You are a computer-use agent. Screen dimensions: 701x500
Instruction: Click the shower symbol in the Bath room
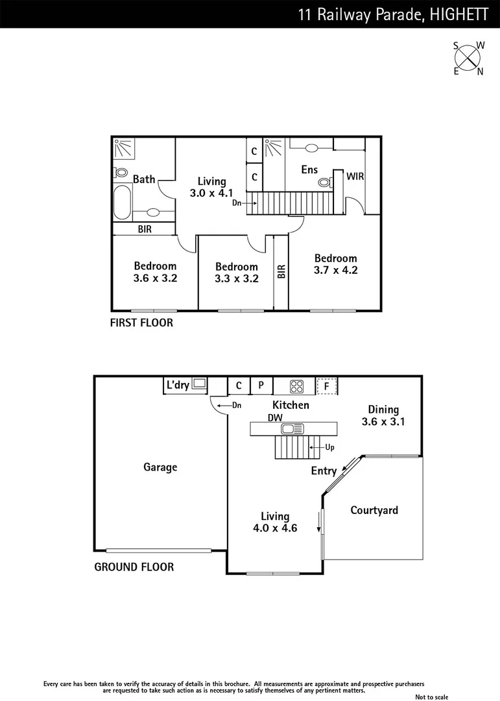[122, 149]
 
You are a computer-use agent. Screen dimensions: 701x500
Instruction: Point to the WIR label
[355, 176]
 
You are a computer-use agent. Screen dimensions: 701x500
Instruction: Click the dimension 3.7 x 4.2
[335, 270]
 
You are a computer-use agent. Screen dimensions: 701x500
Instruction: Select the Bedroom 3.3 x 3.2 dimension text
[236, 279]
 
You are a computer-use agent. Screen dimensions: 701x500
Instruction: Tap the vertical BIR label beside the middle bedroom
[281, 271]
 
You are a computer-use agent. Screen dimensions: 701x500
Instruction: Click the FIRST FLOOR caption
[141, 323]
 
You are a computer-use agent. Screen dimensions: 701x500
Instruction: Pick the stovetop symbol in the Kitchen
[296, 386]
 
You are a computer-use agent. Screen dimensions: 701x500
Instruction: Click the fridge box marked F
[327, 386]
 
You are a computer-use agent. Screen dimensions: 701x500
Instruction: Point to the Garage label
[160, 467]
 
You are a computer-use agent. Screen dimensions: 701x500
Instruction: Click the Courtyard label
[374, 510]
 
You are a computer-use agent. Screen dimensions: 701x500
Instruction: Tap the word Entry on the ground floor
[324, 471]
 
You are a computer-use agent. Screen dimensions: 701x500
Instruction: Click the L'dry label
[178, 386]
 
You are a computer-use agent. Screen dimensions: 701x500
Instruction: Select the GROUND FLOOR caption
[134, 567]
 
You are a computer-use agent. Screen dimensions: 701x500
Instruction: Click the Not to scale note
[431, 696]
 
